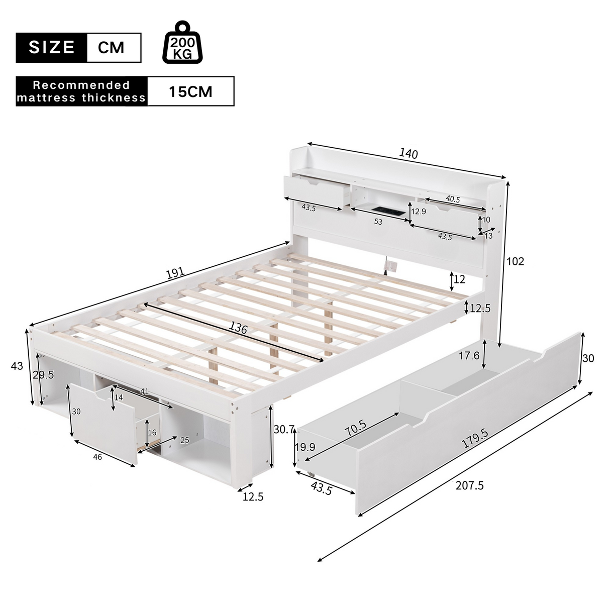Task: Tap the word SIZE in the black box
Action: point(52,48)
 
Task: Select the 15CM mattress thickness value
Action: point(190,91)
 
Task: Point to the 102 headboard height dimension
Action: point(515,261)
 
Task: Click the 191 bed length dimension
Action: point(174,273)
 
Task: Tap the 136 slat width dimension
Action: point(238,329)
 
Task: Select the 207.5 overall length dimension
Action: point(469,485)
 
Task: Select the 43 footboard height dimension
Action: point(17,366)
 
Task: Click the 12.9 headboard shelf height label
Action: point(418,212)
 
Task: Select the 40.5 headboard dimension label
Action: point(452,199)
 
